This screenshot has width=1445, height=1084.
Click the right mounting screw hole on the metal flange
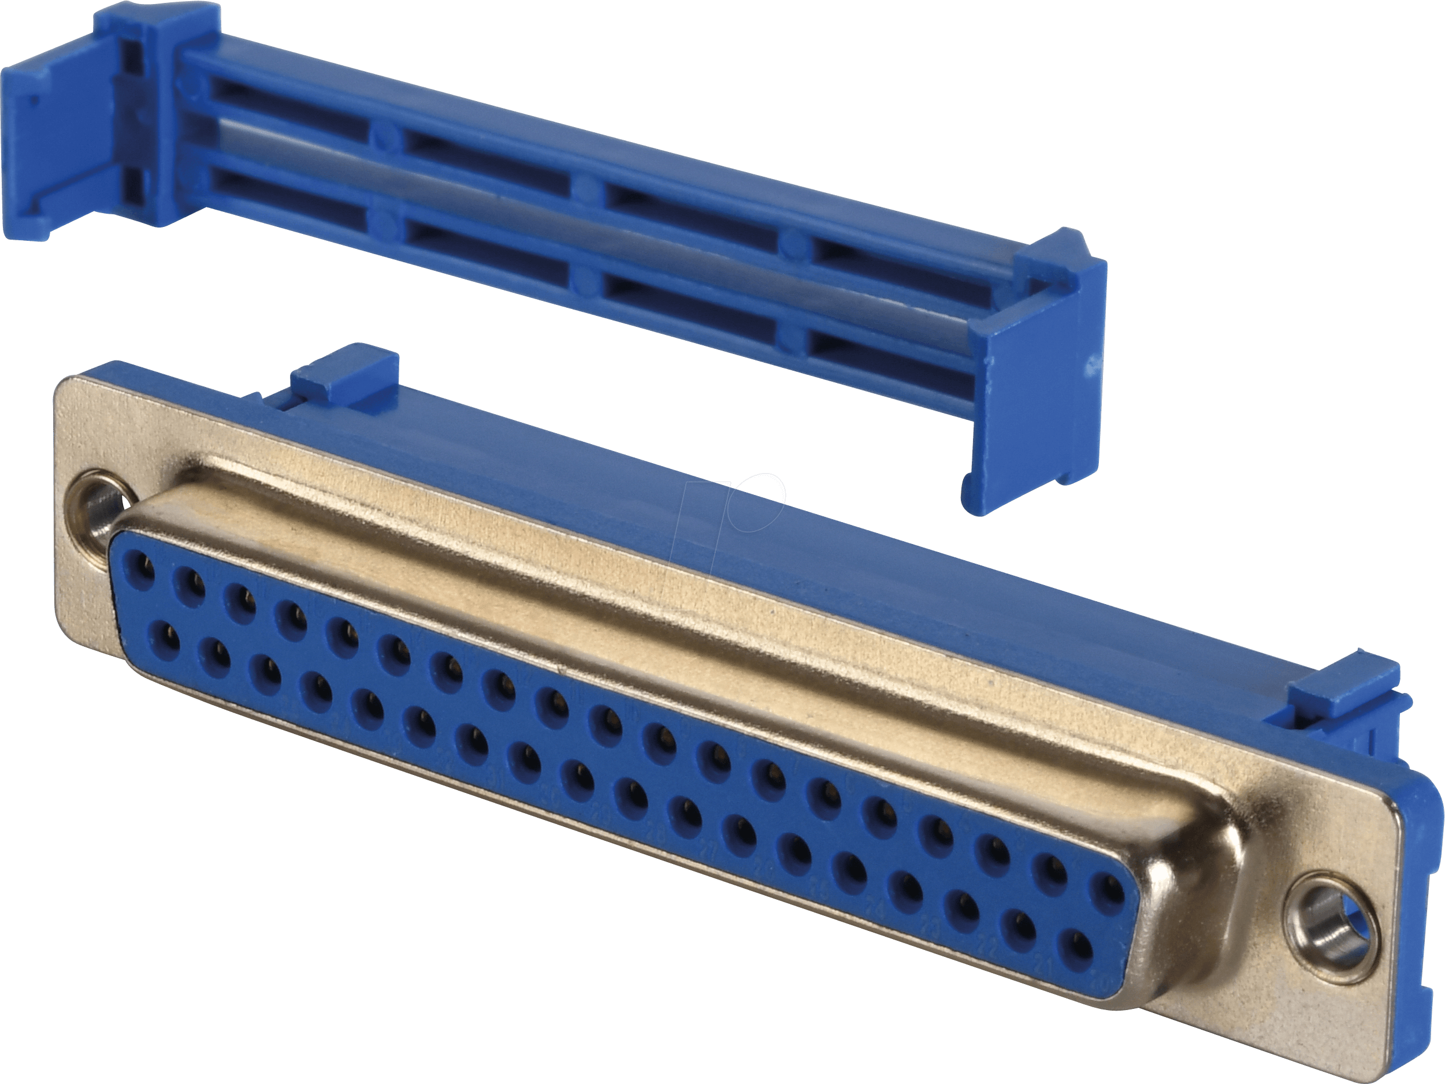[x=1327, y=926]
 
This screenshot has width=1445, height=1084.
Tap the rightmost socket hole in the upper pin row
[x=1108, y=893]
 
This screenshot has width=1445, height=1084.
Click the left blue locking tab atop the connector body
[x=344, y=382]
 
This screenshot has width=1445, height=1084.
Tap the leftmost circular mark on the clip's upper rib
[x=387, y=136]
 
